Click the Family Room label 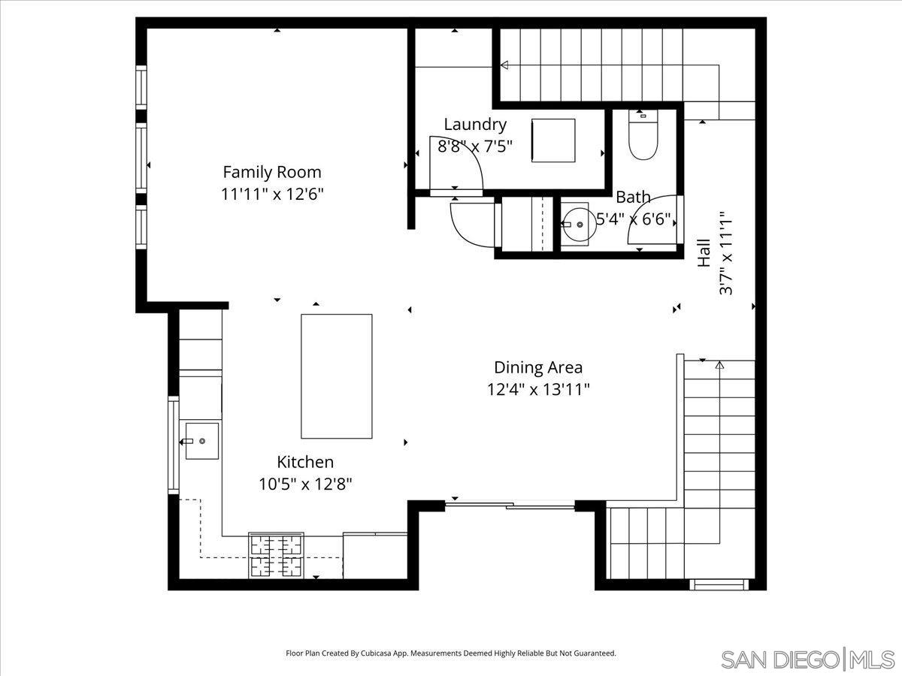click(271, 171)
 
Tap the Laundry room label click(475, 125)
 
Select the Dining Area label click(537, 367)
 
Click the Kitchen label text click(305, 462)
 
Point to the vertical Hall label click(704, 253)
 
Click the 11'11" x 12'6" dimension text click(272, 194)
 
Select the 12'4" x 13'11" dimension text click(537, 389)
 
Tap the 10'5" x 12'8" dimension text click(305, 484)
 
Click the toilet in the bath click(643, 137)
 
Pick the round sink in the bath click(578, 224)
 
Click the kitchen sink click(201, 441)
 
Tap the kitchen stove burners click(276, 556)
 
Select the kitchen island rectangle click(336, 376)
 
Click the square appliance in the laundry click(552, 140)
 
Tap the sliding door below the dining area click(510, 505)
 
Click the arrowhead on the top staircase click(504, 66)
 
